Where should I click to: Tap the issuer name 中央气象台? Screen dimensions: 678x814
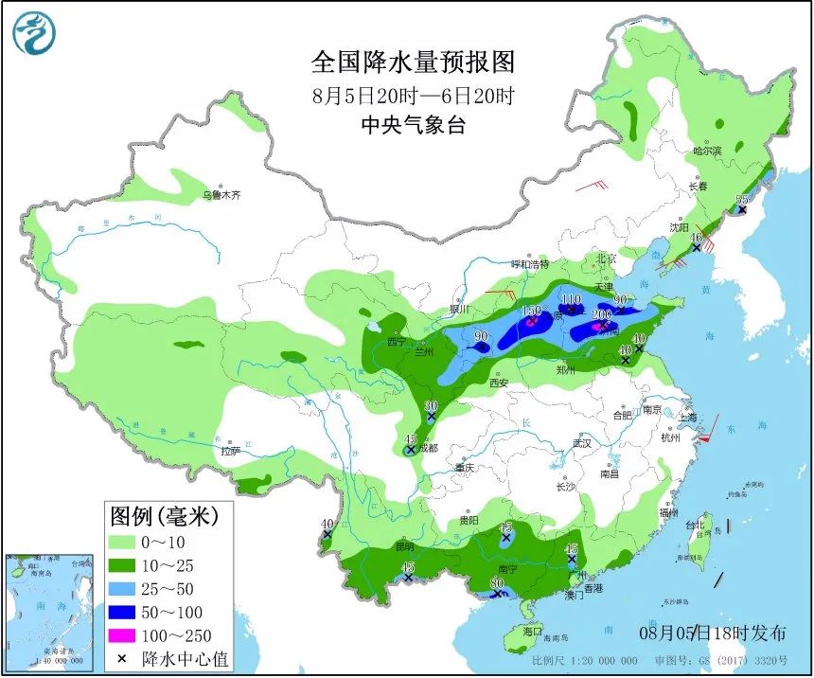coord(414,125)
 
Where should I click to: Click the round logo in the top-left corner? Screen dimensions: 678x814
coord(34,33)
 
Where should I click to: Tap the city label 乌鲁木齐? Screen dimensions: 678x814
coord(221,195)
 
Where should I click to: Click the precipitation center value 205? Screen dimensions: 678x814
coord(601,314)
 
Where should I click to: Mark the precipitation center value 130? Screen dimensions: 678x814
coord(531,311)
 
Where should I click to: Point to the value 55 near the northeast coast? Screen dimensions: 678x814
coord(742,199)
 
